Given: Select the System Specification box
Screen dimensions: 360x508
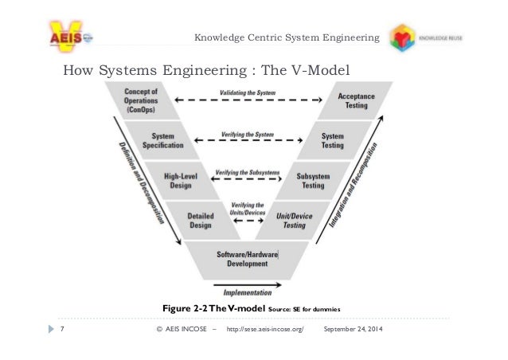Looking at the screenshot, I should click(162, 140).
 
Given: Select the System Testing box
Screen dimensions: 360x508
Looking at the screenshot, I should click(332, 140).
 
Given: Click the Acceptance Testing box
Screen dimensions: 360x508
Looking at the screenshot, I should click(350, 100).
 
